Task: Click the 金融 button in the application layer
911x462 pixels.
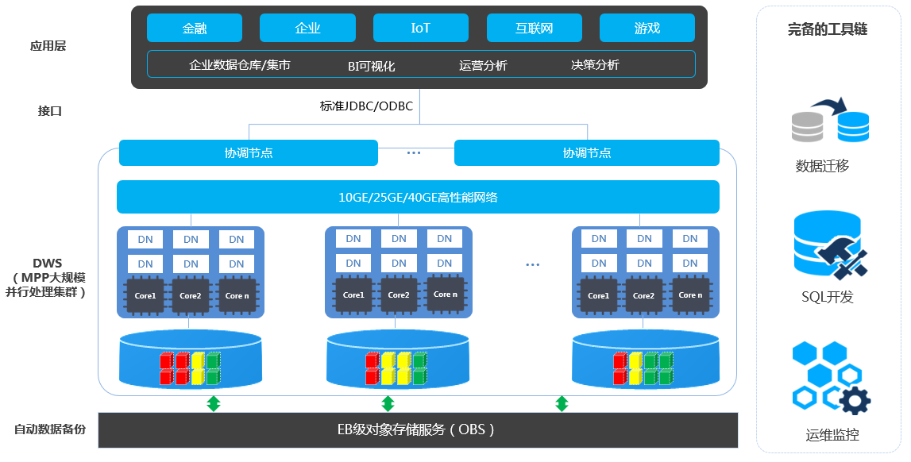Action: coord(195,29)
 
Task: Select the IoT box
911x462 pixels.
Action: coord(420,29)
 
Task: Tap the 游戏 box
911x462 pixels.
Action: coord(647,29)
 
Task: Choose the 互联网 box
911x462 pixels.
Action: coord(534,29)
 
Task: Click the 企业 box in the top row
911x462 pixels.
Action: coord(307,29)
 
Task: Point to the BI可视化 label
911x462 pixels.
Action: coord(371,66)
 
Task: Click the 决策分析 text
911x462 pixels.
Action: coord(595,65)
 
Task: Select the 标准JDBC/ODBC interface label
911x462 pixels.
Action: coord(366,106)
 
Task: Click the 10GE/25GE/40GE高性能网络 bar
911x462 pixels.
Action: coord(418,197)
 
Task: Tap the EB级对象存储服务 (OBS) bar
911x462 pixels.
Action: coord(418,429)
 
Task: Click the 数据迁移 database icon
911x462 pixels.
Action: coord(830,121)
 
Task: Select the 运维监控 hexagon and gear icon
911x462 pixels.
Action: coord(830,378)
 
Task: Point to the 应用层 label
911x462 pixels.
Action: coord(48,46)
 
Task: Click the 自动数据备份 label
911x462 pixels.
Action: coord(50,429)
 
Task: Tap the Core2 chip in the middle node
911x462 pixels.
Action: coord(398,295)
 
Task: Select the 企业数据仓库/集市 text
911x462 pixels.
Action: coord(239,65)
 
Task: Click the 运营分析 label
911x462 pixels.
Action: coord(483,65)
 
